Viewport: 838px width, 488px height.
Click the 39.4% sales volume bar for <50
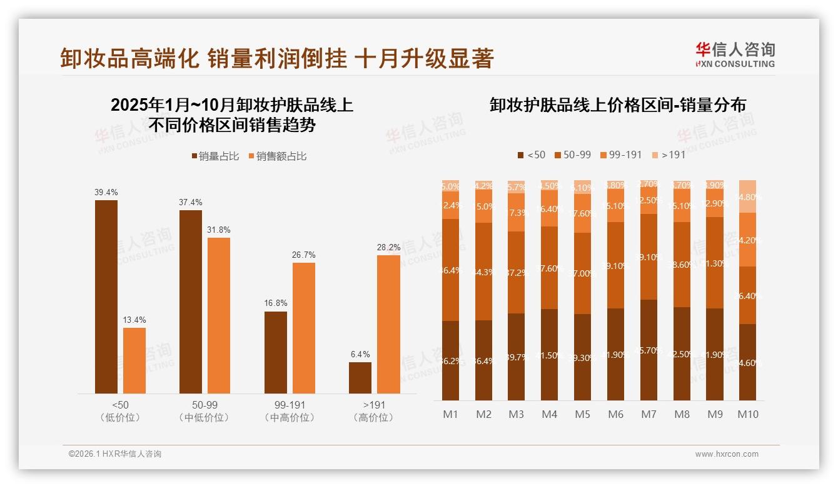coord(106,297)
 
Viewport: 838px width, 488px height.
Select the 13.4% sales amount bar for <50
coord(134,360)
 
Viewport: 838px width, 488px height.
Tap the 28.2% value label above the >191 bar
coord(388,248)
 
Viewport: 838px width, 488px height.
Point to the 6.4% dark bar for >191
coord(360,378)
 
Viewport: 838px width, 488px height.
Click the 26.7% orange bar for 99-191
coord(304,328)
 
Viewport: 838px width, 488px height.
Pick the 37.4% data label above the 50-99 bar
coord(191,203)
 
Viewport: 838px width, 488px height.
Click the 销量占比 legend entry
coord(215,156)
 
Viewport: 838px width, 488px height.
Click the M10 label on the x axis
coord(748,414)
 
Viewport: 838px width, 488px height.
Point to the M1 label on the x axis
coord(450,414)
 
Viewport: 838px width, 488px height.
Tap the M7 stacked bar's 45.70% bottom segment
coord(649,350)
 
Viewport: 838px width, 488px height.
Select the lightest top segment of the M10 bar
coord(748,196)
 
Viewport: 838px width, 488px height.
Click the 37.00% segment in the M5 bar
coord(582,273)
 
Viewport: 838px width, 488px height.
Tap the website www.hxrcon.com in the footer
coord(727,454)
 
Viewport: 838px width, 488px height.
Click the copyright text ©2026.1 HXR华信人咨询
coord(115,454)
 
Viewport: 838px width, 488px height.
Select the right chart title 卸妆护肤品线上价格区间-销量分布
coord(617,105)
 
